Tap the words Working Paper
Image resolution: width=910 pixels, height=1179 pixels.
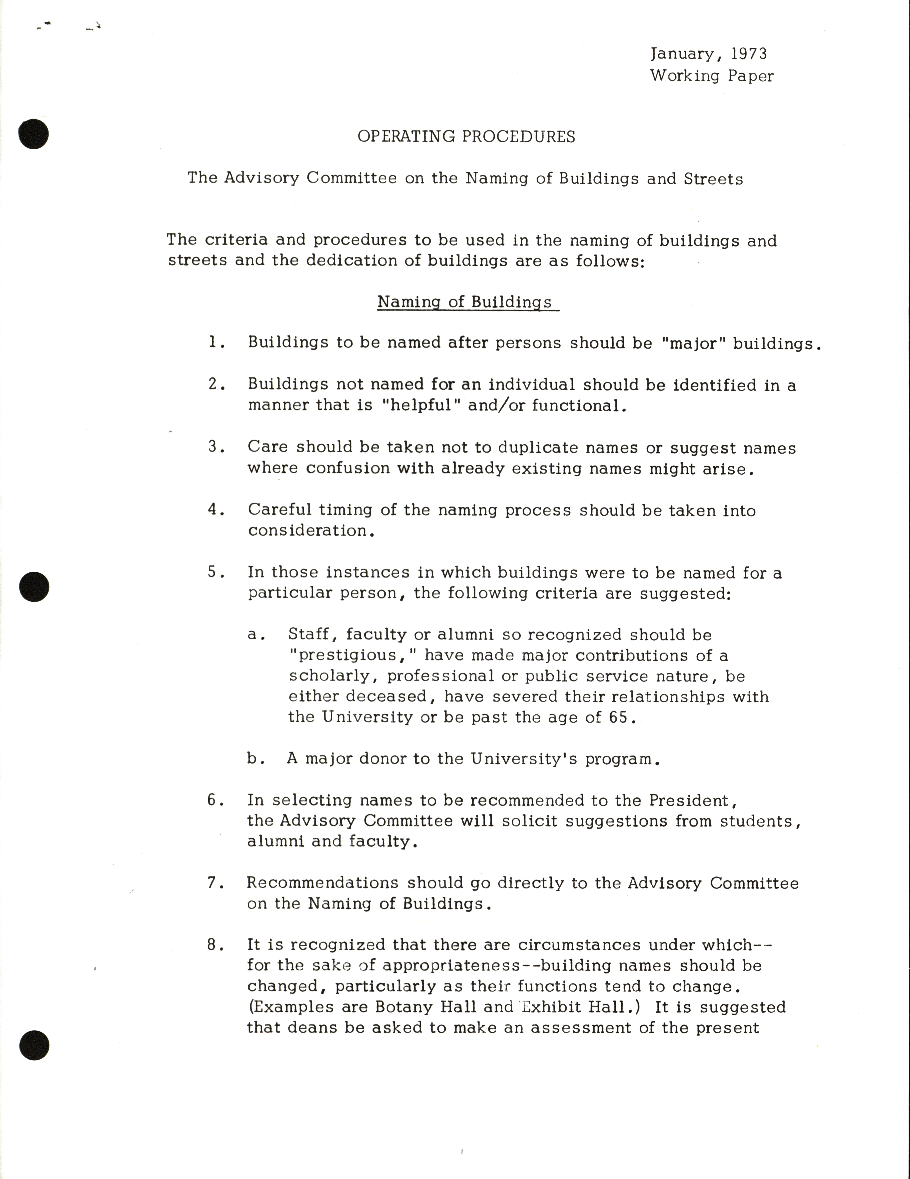(711, 76)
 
